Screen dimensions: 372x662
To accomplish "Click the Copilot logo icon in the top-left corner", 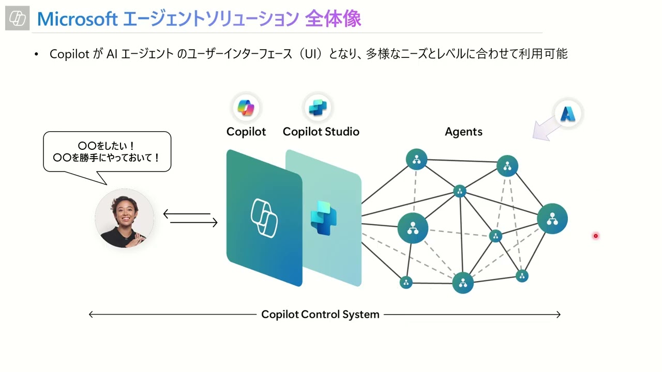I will (x=18, y=19).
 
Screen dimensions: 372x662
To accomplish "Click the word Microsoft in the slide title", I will (x=78, y=19).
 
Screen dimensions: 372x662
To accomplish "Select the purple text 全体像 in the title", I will (x=333, y=19).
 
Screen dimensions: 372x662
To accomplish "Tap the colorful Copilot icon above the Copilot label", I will (x=246, y=108).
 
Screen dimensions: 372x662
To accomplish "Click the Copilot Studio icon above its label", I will (x=318, y=108).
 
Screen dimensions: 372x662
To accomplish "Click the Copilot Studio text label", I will (x=321, y=132).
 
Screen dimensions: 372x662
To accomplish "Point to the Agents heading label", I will (x=463, y=132).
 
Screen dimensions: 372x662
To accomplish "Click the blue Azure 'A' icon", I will (x=568, y=113).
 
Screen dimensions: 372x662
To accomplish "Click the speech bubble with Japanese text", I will (x=107, y=152).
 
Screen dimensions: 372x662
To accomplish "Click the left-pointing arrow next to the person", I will (x=187, y=213).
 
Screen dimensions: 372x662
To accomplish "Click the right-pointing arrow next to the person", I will (x=194, y=223).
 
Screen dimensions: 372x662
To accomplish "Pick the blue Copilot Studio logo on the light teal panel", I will (x=323, y=218).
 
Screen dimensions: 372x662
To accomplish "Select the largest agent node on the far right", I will (x=552, y=219).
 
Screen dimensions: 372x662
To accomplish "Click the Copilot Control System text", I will (x=320, y=314).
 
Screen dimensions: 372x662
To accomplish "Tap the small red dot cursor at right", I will (x=595, y=236).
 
